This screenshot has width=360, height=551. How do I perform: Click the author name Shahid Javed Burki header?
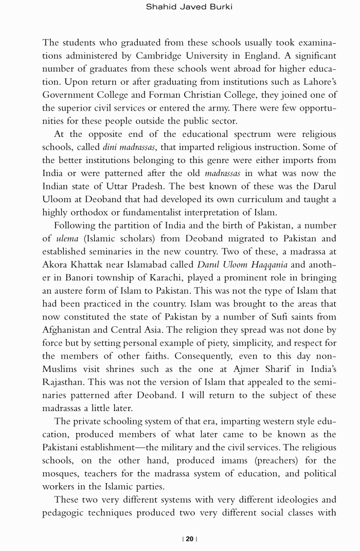coord(189,7)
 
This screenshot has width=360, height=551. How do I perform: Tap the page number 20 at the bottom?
coord(189,539)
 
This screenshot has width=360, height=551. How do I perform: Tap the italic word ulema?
coord(67,238)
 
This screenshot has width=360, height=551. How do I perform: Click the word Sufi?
coord(274,317)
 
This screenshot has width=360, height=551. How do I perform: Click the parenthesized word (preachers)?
coord(265,460)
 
